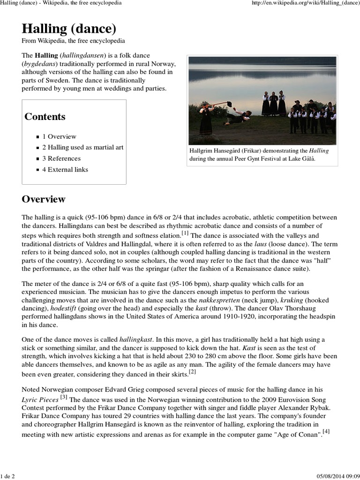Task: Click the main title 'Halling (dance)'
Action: [69, 29]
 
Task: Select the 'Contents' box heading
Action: [45, 117]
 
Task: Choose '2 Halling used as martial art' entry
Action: [83, 147]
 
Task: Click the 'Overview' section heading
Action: [44, 199]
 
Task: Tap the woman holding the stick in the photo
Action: [206, 120]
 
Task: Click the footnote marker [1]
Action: [185, 233]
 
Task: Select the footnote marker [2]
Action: [192, 372]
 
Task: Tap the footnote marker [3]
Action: [64, 397]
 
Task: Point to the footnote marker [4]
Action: [326, 432]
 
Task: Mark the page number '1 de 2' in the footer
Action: [8, 476]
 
